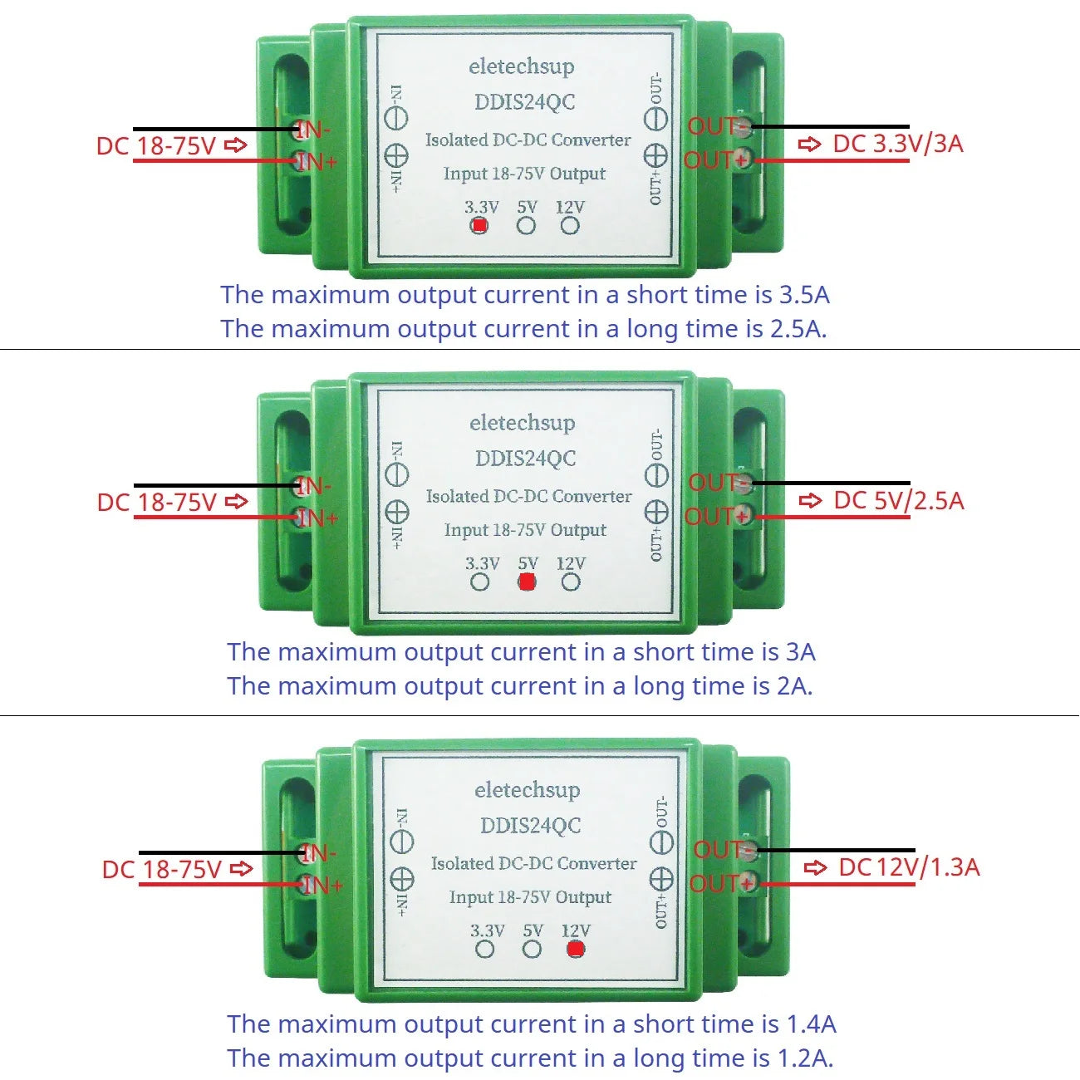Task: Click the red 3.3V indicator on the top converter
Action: pos(479,225)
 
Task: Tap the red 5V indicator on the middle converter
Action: pos(527,582)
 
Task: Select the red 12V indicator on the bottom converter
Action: pos(576,950)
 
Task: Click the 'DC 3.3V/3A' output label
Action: pos(897,144)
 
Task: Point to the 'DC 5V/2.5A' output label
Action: pos(898,501)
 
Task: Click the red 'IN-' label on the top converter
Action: pos(313,130)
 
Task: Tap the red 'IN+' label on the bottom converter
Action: pos(322,886)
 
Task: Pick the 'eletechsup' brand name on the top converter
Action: pos(521,66)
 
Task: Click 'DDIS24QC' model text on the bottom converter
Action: pos(530,826)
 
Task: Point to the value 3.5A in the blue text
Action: pos(804,295)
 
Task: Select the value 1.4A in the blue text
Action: pos(811,1024)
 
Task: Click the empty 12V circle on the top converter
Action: pos(570,225)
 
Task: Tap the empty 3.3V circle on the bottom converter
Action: pos(485,950)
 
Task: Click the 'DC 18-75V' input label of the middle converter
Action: pos(157,503)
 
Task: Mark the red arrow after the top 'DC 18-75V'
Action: pos(237,146)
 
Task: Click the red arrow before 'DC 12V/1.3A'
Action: pos(816,868)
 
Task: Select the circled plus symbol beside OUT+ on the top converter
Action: pos(656,155)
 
